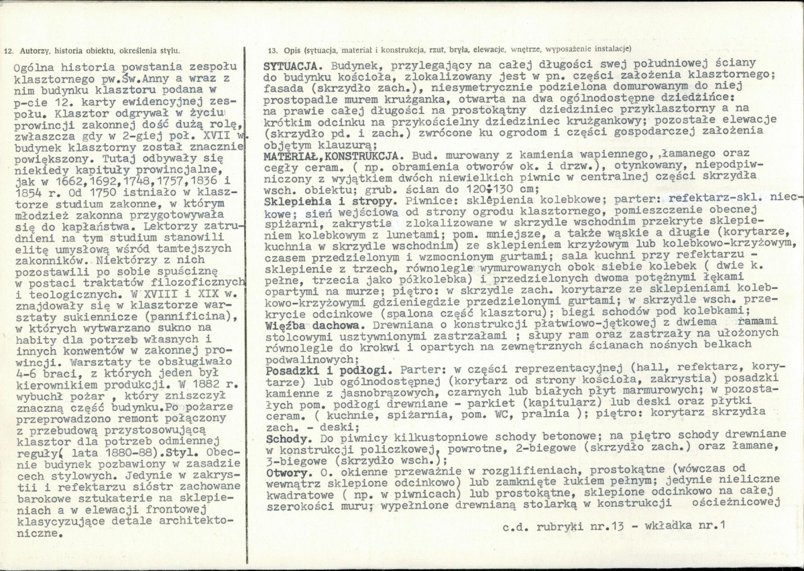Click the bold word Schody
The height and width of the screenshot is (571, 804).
(284, 437)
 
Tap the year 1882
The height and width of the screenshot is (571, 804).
(200, 387)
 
